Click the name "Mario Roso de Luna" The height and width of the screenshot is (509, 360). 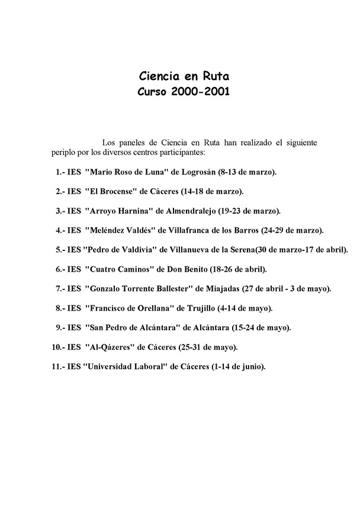click(127, 172)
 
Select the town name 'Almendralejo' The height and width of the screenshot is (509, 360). click(197, 211)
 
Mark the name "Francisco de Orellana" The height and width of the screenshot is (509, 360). click(130, 308)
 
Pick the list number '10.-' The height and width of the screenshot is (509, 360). click(59, 347)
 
